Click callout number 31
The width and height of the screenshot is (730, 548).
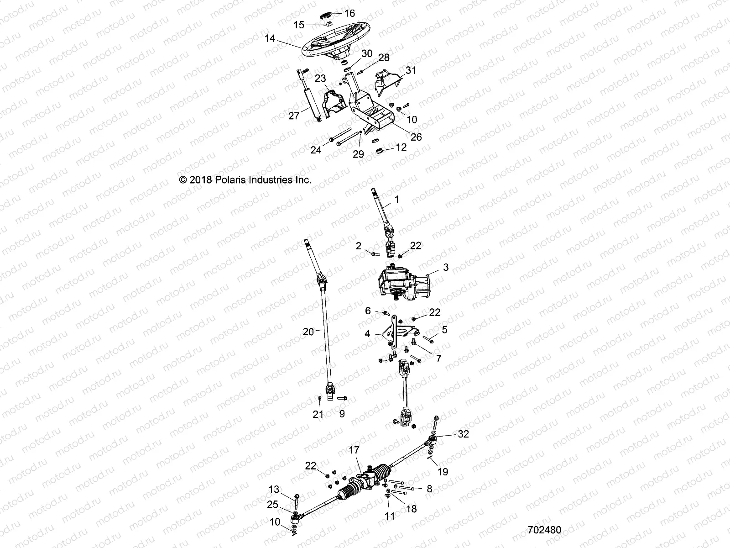(411, 70)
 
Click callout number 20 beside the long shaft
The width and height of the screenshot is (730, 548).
(308, 332)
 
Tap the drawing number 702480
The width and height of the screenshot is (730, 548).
(544, 530)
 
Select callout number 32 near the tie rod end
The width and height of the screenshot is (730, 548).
(463, 434)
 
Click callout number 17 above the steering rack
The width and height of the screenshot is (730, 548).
(354, 462)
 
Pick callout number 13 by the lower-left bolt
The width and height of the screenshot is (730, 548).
(274, 490)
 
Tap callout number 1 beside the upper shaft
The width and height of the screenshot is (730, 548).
(396, 199)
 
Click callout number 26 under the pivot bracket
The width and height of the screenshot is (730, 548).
(416, 137)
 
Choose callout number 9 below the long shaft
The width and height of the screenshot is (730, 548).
(342, 414)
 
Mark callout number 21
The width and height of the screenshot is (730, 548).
(318, 414)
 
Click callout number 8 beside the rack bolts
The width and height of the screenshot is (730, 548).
(429, 489)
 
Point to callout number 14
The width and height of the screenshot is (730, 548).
(270, 39)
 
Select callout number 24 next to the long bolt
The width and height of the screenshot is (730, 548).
(316, 149)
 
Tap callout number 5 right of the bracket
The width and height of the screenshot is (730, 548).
(444, 329)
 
